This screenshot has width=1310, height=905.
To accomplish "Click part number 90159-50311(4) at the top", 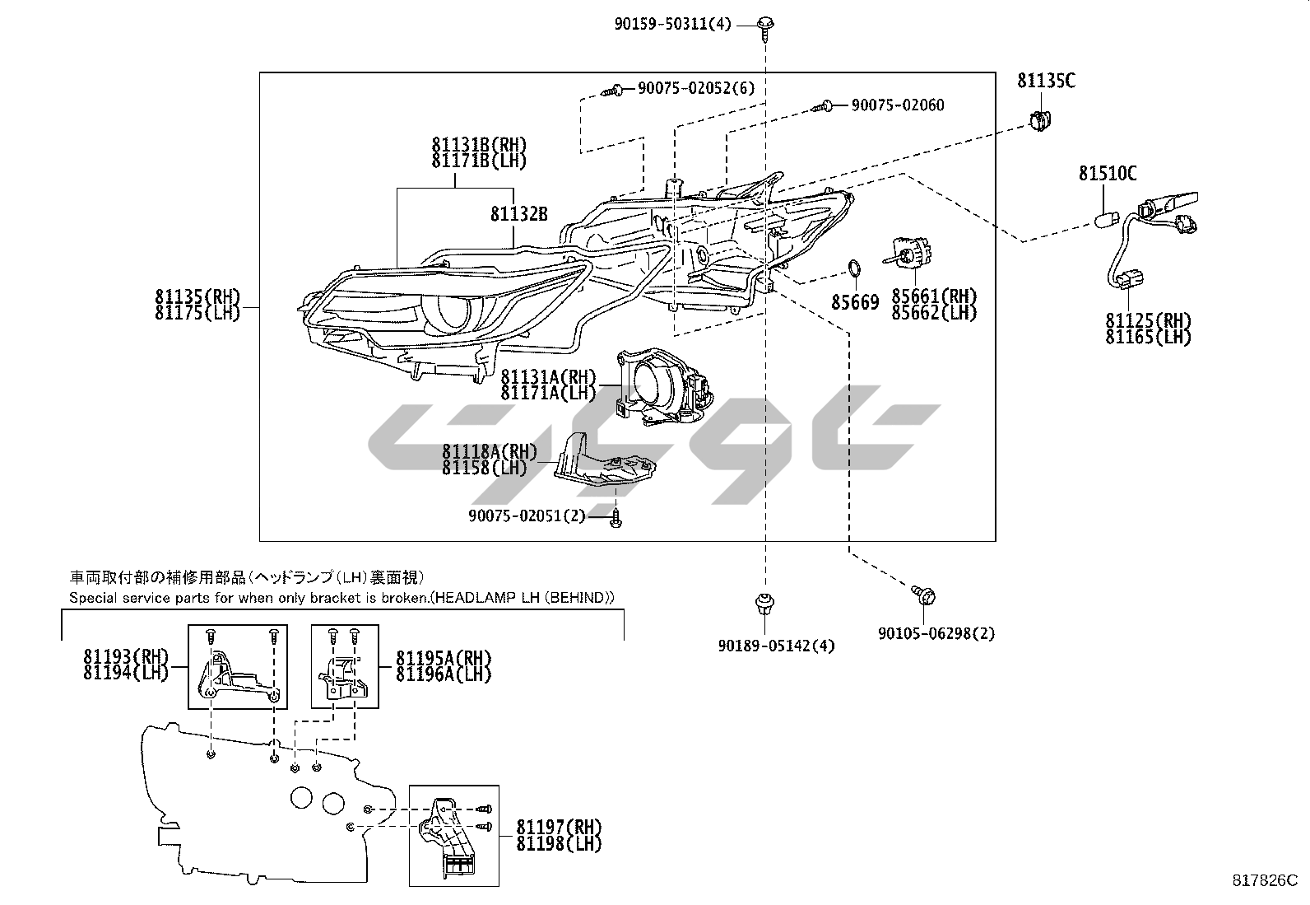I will click(672, 25).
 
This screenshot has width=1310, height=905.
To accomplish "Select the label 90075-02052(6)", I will click(695, 88).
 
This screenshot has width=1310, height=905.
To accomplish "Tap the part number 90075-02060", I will click(898, 105).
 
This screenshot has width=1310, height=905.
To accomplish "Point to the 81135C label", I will click(1046, 81).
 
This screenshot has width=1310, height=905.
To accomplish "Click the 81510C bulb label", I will click(1108, 174).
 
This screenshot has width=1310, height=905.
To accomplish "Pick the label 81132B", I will click(519, 214).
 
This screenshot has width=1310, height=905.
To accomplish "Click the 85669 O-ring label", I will click(854, 303).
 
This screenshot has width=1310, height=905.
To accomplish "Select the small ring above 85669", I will click(855, 268).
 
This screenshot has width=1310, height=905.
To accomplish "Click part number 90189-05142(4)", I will click(776, 646).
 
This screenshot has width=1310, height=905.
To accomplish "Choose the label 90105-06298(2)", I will click(936, 634).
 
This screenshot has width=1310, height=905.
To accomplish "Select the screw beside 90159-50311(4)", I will click(765, 24).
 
